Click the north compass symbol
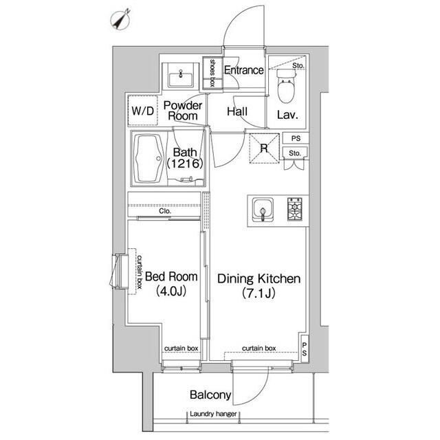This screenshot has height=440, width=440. click(x=121, y=20)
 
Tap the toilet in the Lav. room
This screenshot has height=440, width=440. click(x=286, y=85)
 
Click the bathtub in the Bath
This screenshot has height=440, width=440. click(x=148, y=159)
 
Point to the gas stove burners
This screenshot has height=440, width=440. click(x=295, y=209)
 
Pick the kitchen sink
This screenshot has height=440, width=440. click(x=263, y=210)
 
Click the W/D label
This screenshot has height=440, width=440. click(x=143, y=111)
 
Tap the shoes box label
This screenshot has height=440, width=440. click(x=212, y=73)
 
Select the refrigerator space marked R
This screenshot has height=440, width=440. click(x=264, y=148)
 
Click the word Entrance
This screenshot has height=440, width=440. click(x=244, y=70)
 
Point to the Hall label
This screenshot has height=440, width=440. click(x=237, y=111)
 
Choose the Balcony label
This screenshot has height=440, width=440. click(x=210, y=395)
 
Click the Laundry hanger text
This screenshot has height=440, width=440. click(x=213, y=414)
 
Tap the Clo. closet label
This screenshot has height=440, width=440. click(x=165, y=211)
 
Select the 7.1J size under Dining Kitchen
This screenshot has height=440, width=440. click(x=258, y=294)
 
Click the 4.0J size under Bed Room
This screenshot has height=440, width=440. click(x=171, y=291)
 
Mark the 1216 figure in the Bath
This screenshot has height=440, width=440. click(x=185, y=164)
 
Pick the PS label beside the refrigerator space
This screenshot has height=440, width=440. click(x=296, y=138)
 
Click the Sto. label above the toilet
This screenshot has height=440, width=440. click(x=298, y=66)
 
